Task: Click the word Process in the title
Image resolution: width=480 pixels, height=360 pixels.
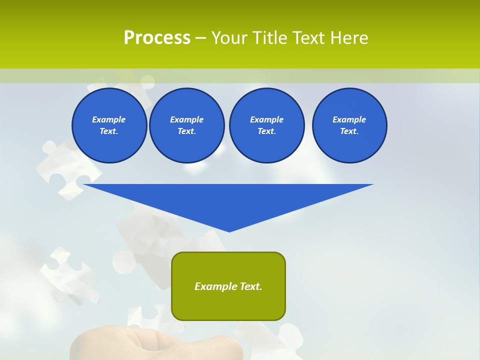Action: [x=157, y=38]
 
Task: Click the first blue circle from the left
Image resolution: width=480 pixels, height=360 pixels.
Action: [x=109, y=125]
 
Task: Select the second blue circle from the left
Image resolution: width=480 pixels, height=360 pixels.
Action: [x=186, y=125]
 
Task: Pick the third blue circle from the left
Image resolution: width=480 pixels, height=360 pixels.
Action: [x=266, y=125]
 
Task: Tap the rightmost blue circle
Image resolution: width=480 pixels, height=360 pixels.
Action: [x=349, y=125]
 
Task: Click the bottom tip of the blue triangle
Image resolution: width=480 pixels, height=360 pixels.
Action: [x=229, y=230]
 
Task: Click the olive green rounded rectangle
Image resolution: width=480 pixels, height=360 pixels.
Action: [x=228, y=305]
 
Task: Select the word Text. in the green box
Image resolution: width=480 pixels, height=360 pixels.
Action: [x=250, y=286]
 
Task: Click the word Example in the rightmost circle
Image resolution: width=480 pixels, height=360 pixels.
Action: [x=349, y=119]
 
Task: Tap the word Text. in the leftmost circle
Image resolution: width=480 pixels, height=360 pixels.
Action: [x=109, y=131]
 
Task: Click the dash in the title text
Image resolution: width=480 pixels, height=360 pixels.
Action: [x=201, y=38]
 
